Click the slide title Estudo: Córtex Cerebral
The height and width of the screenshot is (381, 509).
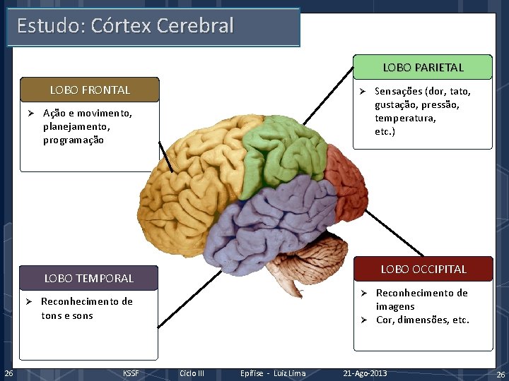125,26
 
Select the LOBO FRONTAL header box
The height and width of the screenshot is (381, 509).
90,90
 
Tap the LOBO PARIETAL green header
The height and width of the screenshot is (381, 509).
423,68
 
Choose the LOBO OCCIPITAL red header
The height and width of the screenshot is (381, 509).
423,269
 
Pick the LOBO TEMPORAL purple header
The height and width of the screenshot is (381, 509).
88,278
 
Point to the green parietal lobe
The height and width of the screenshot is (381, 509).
283,152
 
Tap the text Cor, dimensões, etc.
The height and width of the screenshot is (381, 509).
422,320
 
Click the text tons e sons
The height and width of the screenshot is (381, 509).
67,315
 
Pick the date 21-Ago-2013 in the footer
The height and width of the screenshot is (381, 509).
365,373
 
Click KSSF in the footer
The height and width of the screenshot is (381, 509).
131,373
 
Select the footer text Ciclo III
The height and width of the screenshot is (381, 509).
192,373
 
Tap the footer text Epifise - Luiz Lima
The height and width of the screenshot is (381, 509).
273,373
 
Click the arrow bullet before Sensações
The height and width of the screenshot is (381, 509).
360,91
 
